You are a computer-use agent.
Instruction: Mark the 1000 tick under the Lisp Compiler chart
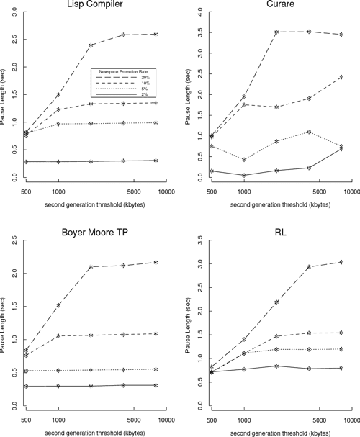(x=59, y=192)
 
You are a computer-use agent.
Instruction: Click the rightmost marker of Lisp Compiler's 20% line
(x=156, y=34)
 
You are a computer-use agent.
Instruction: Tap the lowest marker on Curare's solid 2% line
(x=244, y=175)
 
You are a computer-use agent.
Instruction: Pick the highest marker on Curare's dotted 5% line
(x=308, y=132)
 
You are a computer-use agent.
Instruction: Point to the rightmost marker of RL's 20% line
(x=341, y=262)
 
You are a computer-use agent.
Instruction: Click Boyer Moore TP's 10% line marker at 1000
(x=59, y=335)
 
